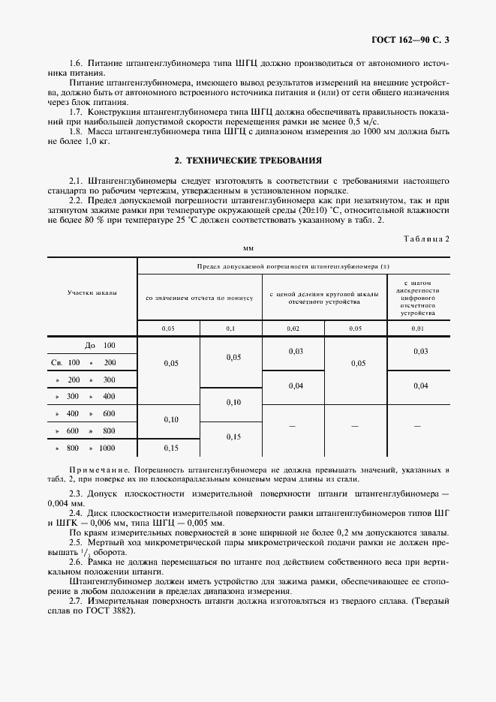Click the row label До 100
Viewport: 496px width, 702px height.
coord(100,346)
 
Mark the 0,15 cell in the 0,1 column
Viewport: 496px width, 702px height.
coord(232,436)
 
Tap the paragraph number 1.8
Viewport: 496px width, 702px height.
coord(76,131)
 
